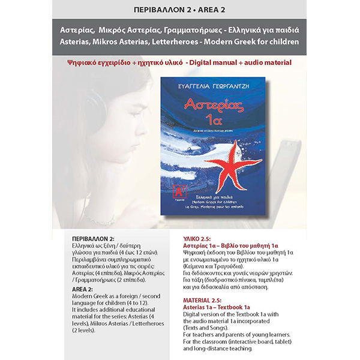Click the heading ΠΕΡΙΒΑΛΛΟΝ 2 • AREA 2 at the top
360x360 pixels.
pyautogui.click(x=179, y=10)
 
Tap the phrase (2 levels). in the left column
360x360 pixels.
pyautogui.click(x=85, y=329)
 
